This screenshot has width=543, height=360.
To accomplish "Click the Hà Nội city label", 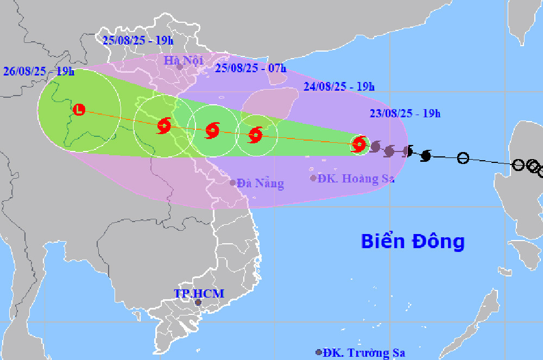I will pos(183,60).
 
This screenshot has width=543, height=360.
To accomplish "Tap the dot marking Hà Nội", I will pos(179,67).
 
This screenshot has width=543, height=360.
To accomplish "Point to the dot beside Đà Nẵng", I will pos(233,182).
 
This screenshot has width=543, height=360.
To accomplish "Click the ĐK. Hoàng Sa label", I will pos(356,179).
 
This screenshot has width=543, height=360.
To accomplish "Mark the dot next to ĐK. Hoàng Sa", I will pos(313,178).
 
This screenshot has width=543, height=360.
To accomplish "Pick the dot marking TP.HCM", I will pos(198,302).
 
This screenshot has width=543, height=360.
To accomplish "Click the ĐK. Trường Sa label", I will pos(363,353).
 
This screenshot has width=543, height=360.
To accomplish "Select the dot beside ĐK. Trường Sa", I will pos(318,352).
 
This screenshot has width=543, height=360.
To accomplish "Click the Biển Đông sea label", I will pos(413,241).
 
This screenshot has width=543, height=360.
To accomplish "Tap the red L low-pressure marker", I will pos(79,110).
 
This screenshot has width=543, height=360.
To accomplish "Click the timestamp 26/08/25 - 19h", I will pos(39,71).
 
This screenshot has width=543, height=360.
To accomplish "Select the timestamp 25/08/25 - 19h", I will pos(137,39).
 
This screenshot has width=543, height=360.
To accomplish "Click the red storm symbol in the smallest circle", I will pos(358,144).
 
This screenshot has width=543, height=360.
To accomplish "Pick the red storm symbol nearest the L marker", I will pos(164,126).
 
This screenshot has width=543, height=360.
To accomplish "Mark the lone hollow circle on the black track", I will pos(463,159).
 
